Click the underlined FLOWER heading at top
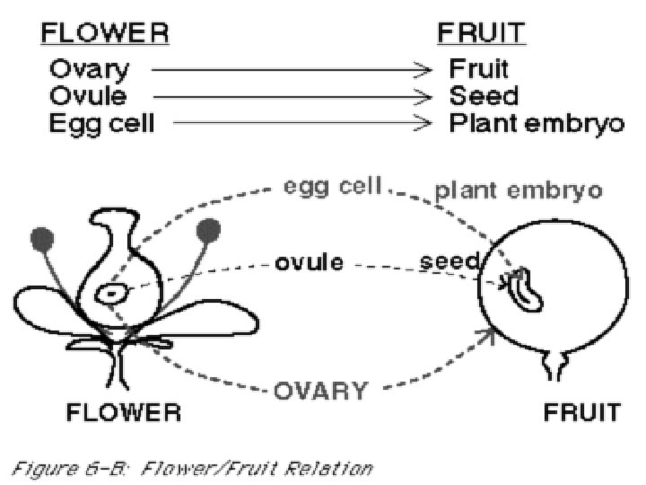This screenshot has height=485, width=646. coord(104,34)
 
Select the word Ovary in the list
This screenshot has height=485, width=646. coord(89,68)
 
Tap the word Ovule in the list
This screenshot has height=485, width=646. coord(88,95)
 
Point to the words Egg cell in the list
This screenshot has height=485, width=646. coord(101,122)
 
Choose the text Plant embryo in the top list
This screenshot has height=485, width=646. coord(536,122)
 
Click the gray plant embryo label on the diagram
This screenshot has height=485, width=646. coord(518,190)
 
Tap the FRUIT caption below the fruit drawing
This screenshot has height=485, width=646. coord(582,413)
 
